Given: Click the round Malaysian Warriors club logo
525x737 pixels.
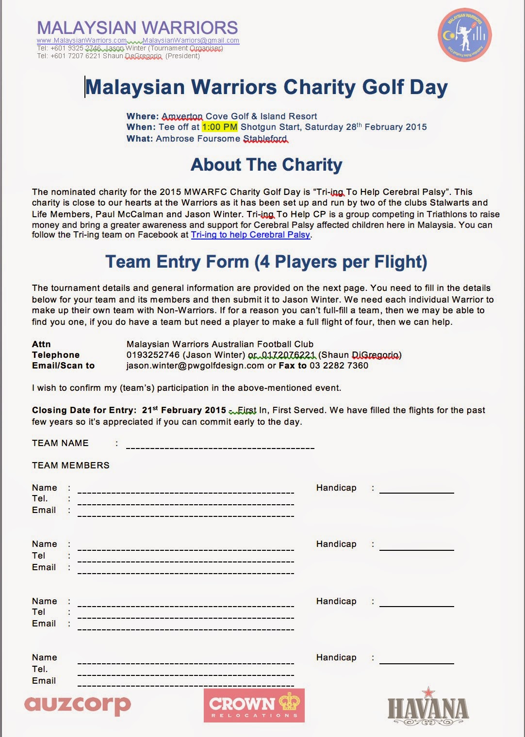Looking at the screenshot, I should coord(464,35).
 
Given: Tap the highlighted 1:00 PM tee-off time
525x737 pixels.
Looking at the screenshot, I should coord(220,127).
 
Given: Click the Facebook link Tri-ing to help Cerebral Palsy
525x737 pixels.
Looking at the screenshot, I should coord(250,235).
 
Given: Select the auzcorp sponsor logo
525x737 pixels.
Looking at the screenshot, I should coord(77,705).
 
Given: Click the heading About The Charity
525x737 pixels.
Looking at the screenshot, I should coord(266,165).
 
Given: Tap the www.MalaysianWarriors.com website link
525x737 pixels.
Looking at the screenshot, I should coord(82,41).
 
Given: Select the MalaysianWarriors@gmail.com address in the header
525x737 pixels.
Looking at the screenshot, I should coord(191,41).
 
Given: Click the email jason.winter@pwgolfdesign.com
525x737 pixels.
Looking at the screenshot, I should coord(195,366).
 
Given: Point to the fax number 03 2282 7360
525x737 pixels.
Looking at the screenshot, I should coord(339,366).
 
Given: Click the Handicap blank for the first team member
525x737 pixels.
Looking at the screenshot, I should coord(416,490).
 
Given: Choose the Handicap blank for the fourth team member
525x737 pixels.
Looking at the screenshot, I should coord(416,660).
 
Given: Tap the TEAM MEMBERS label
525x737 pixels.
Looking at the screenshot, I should coord(71,465).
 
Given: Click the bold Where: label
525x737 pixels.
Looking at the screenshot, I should coord(143,116).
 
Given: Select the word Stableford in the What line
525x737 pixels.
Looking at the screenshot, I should coord(265,139).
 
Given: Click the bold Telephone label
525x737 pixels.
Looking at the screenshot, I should coord(56,355).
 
